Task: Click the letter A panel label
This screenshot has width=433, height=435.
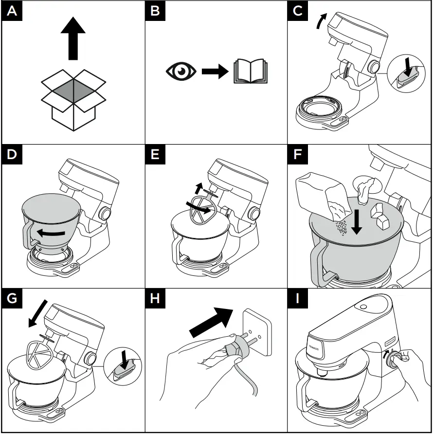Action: tap(11, 10)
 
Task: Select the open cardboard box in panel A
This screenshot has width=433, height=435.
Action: tap(73, 100)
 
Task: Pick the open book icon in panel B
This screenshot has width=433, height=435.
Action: tap(251, 72)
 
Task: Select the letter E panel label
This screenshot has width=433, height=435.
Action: tap(155, 155)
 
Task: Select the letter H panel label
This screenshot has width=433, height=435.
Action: tap(155, 298)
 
